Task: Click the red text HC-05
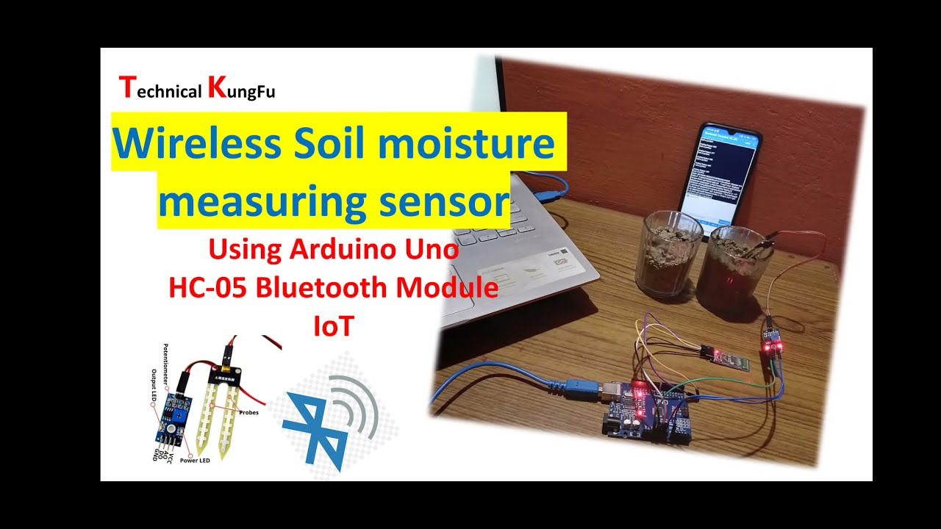pos(207,287)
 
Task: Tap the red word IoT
pos(334,325)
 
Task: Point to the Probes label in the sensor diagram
pos(248,412)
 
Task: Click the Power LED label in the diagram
pos(195,460)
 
